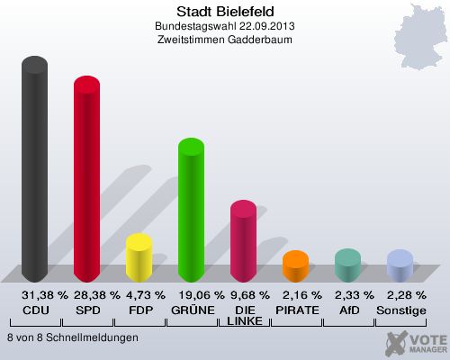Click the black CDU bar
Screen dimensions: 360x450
tap(34, 171)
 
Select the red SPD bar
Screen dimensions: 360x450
tap(86, 180)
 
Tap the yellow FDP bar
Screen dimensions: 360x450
tap(139, 258)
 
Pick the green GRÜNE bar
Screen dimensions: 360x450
tap(191, 211)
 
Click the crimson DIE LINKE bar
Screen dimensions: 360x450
tap(243, 242)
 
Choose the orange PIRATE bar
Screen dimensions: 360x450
tap(295, 266)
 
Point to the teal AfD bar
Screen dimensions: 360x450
tap(347, 265)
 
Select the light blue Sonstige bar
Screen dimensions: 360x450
tap(400, 266)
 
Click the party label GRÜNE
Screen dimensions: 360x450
tap(191, 310)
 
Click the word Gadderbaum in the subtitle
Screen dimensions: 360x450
tap(262, 40)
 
